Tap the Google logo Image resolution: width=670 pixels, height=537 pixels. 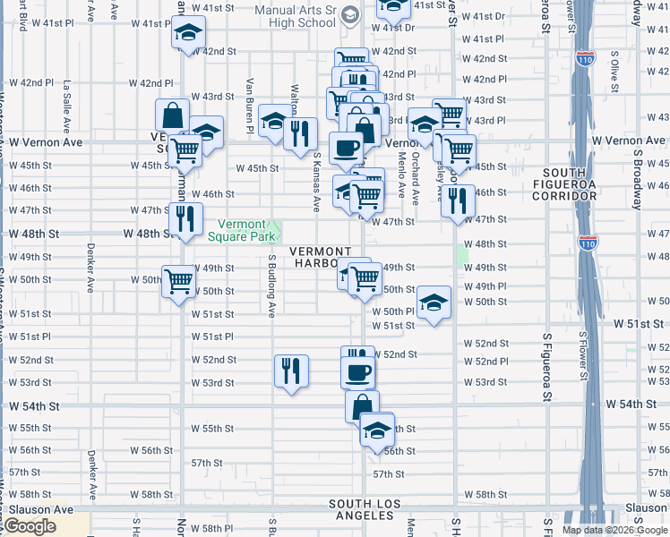pos(30,527)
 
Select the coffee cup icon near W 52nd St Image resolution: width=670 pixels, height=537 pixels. pos(358,371)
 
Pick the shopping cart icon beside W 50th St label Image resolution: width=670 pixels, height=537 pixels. pos(179,280)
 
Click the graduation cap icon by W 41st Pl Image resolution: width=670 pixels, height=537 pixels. pos(188,34)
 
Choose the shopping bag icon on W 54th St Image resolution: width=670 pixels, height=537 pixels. pos(362,406)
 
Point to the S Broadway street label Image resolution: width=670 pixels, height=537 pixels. pos(637,179)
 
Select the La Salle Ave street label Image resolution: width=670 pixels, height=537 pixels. pos(67,108)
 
